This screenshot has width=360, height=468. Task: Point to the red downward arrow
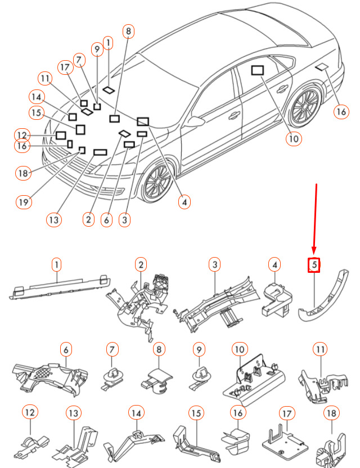tap(316, 219)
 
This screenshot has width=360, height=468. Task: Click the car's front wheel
tap(157, 182)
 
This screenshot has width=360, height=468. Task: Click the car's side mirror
tap(197, 121)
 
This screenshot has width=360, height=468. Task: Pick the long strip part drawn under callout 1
tap(60, 289)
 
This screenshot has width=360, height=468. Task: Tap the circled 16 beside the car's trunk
tap(341, 111)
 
